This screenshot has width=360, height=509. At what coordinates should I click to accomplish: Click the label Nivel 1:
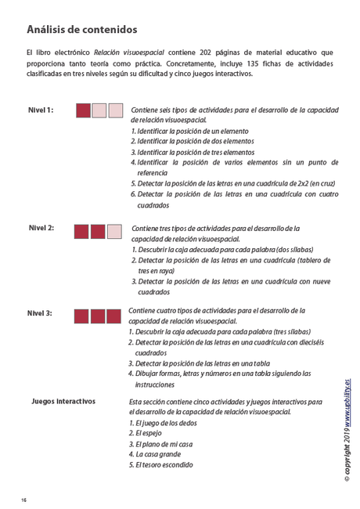[41, 110]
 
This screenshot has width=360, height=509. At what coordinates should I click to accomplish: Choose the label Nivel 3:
[41, 312]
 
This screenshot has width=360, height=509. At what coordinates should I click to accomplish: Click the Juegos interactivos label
[63, 401]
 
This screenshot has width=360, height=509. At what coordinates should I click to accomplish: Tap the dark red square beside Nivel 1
[83, 110]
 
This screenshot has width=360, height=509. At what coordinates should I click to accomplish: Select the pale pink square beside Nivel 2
[115, 231]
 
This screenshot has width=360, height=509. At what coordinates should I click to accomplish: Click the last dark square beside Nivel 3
[115, 316]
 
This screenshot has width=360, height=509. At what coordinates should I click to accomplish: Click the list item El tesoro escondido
[164, 464]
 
